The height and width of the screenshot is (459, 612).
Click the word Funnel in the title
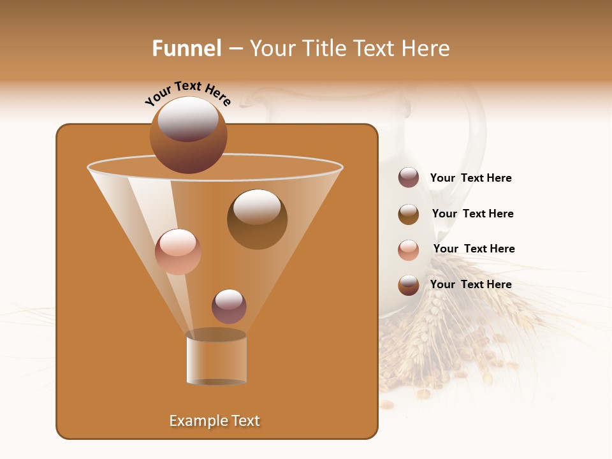point(187,48)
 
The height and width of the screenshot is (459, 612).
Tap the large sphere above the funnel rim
point(188,135)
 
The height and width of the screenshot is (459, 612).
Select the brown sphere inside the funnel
point(257,219)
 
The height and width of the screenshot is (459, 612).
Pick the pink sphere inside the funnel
point(178,251)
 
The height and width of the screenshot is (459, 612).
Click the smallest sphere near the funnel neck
point(229,306)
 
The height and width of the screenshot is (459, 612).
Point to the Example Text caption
point(214,421)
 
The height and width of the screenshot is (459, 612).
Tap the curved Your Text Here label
point(187,93)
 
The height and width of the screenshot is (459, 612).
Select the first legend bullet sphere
point(408,177)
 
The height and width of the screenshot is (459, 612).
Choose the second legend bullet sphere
point(408,214)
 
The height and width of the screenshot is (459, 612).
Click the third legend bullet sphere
point(408,249)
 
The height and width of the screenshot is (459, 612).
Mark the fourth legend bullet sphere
point(408,284)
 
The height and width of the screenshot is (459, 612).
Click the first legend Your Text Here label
point(470,178)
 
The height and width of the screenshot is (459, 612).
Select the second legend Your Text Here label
point(472,214)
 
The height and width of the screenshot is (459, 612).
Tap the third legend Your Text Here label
point(474,249)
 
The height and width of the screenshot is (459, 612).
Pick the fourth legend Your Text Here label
point(470,284)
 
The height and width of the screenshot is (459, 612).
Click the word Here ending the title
point(426,48)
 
